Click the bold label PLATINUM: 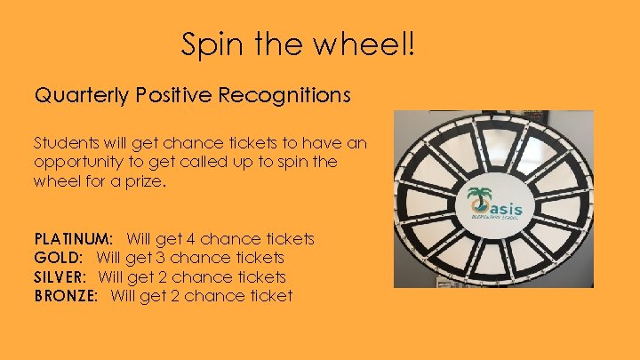tap(74, 239)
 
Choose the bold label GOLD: tap(59, 258)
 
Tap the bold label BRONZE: tap(67, 296)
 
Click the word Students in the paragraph tap(64, 143)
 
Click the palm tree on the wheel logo tap(479, 201)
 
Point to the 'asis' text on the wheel tap(504, 209)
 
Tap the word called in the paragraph tap(226, 162)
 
